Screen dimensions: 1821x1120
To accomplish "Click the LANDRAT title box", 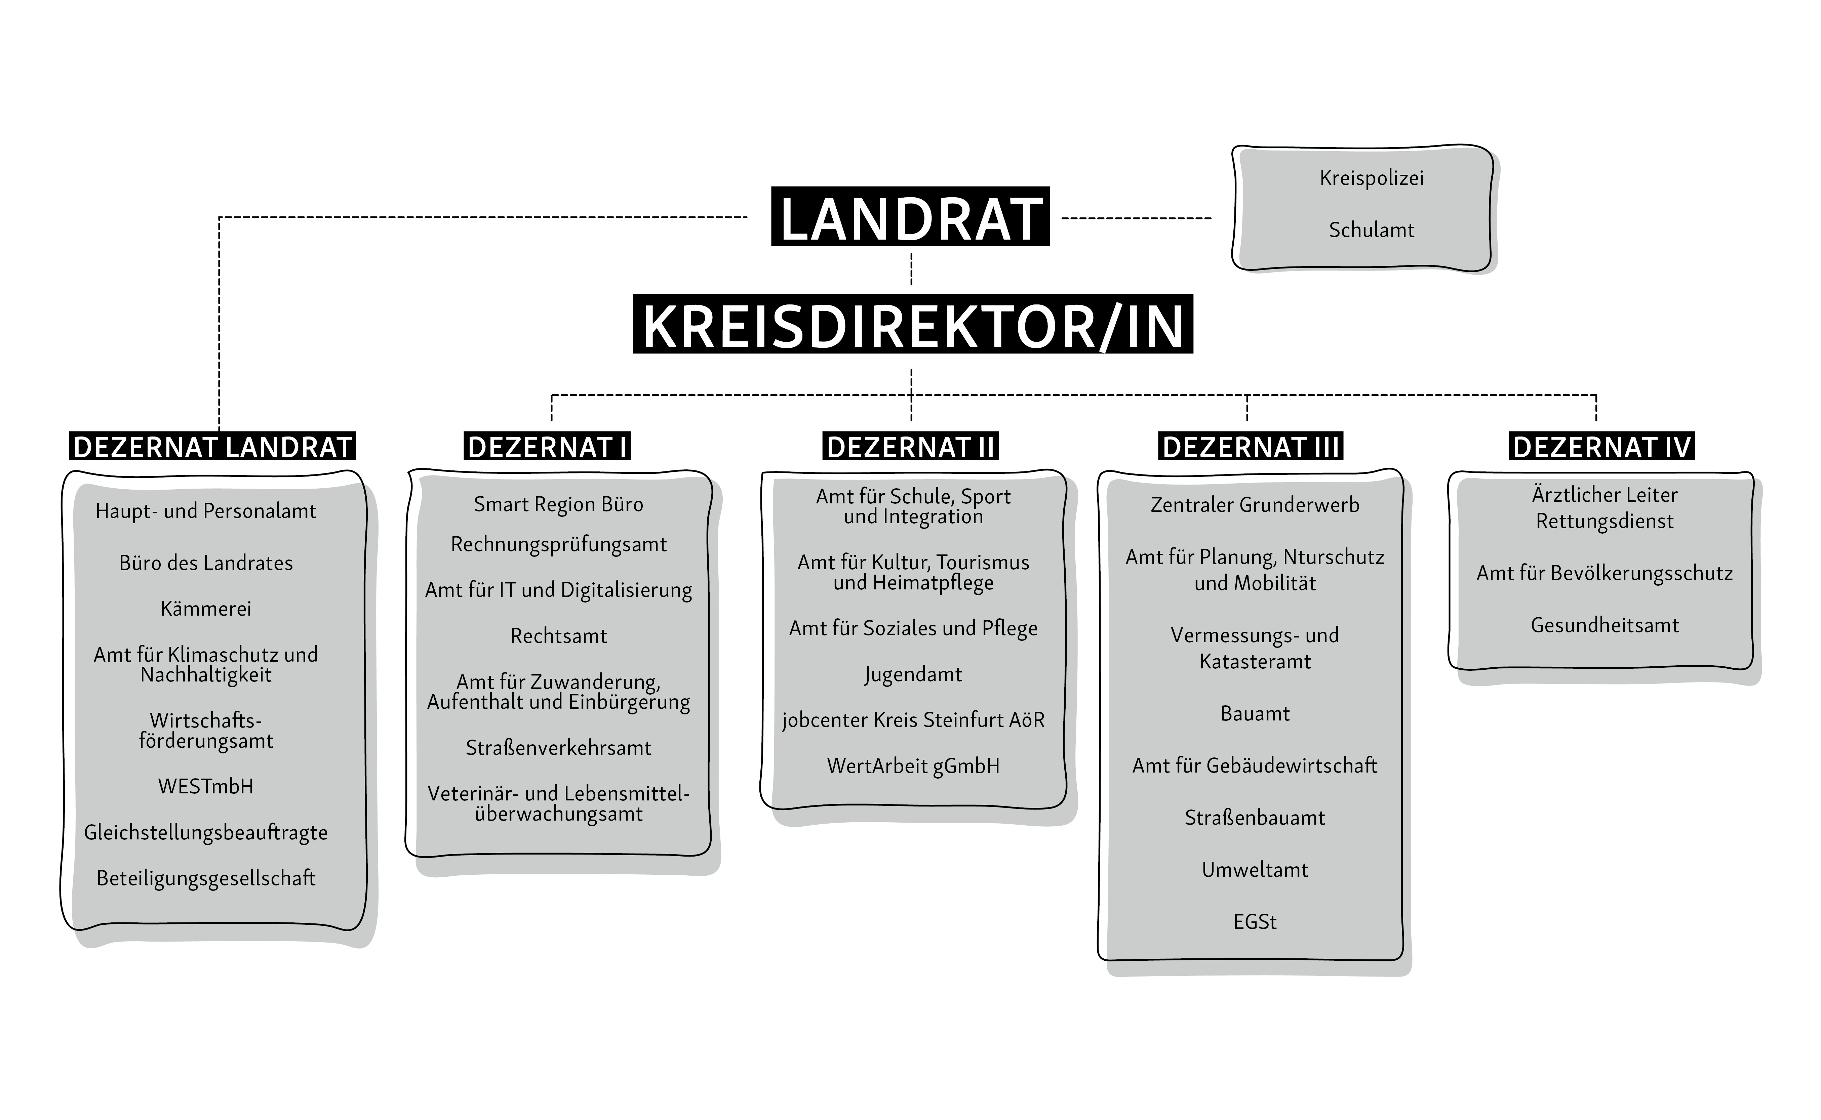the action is tap(910, 216).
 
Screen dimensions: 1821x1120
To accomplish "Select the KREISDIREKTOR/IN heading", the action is tap(913, 325).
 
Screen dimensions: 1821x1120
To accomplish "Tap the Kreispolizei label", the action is tap(1371, 178).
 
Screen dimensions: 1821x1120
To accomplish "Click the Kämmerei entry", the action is tap(206, 609).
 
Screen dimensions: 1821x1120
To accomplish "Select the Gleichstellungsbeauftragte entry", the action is tap(206, 833).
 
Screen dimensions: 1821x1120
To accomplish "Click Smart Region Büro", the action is tap(559, 504).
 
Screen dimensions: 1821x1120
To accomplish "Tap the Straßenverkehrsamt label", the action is tap(559, 748).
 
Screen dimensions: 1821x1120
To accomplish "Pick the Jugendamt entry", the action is tap(913, 675).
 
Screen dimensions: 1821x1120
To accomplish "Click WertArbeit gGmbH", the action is tap(913, 766).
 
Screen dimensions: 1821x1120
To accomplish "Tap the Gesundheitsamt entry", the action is tap(1605, 625).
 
